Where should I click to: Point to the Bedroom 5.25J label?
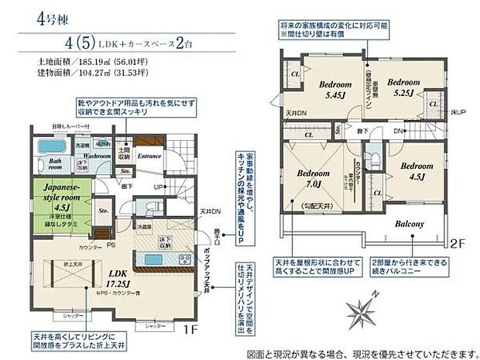(403, 85)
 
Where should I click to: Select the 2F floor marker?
(456, 242)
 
